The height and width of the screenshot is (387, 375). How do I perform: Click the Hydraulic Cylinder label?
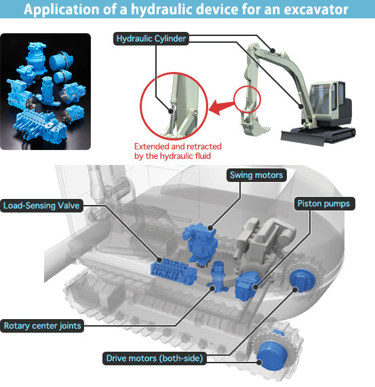point(151,39)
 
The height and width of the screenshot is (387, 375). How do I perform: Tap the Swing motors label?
point(256,175)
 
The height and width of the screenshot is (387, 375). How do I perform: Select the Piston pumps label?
point(324,204)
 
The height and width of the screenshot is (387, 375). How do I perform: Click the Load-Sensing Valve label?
point(41,206)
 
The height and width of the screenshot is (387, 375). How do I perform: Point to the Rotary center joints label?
point(42,326)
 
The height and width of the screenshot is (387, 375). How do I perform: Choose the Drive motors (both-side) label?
point(155,358)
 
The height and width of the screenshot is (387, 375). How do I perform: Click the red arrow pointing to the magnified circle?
point(221,107)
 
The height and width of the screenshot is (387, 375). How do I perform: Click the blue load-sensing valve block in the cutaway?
point(174,272)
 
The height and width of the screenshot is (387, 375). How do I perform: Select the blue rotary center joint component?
point(218,277)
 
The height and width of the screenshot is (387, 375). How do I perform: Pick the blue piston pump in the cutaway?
point(248,286)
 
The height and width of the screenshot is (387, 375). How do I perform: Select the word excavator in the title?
point(316,10)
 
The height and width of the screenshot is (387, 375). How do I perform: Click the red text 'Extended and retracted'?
point(178,147)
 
